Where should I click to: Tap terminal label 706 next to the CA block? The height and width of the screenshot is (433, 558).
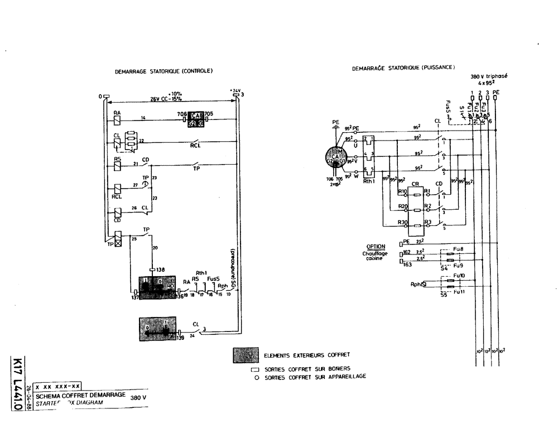[x=181, y=114]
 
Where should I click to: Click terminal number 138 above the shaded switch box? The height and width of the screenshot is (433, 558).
[x=161, y=269]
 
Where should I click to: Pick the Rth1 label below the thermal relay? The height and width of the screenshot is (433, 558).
[x=369, y=181]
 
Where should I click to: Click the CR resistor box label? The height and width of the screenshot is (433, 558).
[x=415, y=184]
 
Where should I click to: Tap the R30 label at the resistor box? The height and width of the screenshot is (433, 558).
[x=402, y=223]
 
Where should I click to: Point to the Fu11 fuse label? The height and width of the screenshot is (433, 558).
[x=459, y=291]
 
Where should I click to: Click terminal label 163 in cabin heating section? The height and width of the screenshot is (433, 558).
[x=407, y=266]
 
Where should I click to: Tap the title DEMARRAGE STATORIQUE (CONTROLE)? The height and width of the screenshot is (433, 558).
[x=164, y=71]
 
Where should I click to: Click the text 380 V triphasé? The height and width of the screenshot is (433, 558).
[x=489, y=75]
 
